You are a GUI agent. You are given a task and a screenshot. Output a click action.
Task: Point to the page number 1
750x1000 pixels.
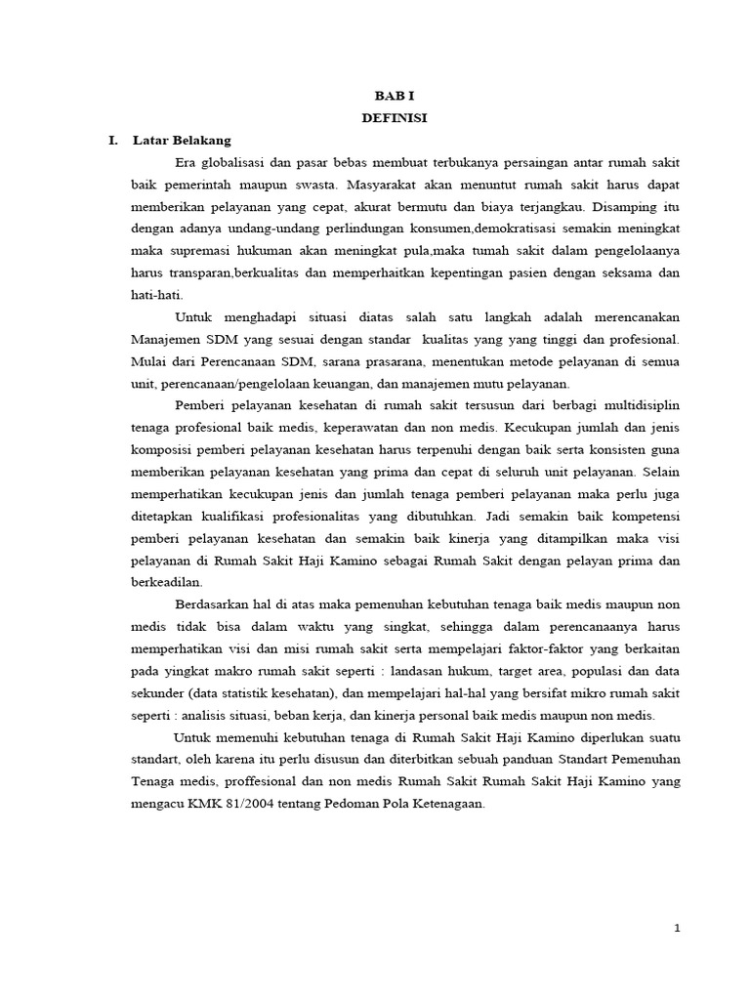click(x=676, y=929)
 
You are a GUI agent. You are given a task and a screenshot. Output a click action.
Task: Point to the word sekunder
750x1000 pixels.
click(x=159, y=694)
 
